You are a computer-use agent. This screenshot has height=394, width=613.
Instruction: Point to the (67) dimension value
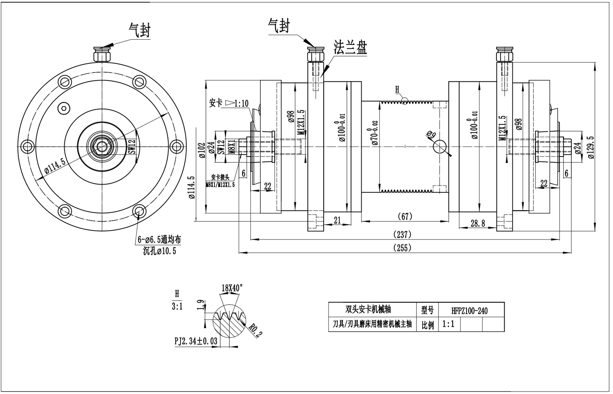pos(405,216)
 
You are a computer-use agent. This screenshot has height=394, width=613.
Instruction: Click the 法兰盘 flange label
pos(350,48)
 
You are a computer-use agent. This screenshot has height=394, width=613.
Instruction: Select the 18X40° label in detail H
pos(232,288)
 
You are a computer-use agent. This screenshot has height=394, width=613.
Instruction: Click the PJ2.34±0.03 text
pos(196,341)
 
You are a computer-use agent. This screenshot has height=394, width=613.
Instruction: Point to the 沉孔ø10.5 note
pos(159,251)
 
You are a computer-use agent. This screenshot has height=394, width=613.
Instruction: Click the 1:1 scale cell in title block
pos(449,325)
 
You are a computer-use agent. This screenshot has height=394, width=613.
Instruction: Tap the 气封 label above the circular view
pos(139,30)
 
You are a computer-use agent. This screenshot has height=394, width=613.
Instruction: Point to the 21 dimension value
pos(337,220)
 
